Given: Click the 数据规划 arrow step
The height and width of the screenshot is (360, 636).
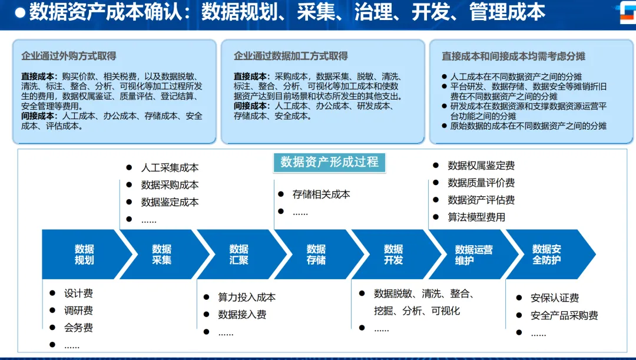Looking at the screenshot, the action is click(x=84, y=255).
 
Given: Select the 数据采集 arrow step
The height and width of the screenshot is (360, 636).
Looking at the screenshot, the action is click(x=161, y=255).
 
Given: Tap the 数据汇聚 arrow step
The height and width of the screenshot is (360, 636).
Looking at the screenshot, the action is click(x=238, y=255).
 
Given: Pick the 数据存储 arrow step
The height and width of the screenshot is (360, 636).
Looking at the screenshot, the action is click(x=316, y=255).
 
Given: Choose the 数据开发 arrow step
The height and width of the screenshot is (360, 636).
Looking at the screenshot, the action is click(x=393, y=255).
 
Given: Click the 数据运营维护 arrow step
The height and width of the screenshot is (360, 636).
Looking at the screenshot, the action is click(x=473, y=255).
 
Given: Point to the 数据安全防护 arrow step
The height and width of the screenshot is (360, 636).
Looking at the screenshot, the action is click(x=546, y=255).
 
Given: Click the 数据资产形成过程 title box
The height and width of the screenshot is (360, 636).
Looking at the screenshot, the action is click(x=329, y=162).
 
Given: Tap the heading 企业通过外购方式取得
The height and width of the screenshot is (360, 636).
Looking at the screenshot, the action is click(x=69, y=56).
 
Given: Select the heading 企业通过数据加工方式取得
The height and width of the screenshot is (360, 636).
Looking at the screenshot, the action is click(x=290, y=56).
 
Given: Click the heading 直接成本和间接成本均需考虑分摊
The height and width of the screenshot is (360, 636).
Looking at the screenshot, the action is click(x=514, y=57).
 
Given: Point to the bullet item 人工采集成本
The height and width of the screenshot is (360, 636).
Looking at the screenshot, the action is click(x=170, y=168).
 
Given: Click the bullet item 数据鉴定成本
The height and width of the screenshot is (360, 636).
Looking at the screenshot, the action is click(x=170, y=202).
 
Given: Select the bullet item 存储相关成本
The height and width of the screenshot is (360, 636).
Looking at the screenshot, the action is click(x=321, y=194).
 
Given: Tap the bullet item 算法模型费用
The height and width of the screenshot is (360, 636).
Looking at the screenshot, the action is click(x=476, y=217).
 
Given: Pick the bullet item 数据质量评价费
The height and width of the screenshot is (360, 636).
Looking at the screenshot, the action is click(x=481, y=183).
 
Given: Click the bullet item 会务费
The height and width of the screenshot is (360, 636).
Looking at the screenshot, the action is click(x=78, y=328).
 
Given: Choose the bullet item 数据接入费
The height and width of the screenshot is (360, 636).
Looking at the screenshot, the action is click(x=242, y=315).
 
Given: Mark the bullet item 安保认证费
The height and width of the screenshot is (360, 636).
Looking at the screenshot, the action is click(x=554, y=298).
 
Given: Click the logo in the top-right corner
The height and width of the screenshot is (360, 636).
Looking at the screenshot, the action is click(x=624, y=12).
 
